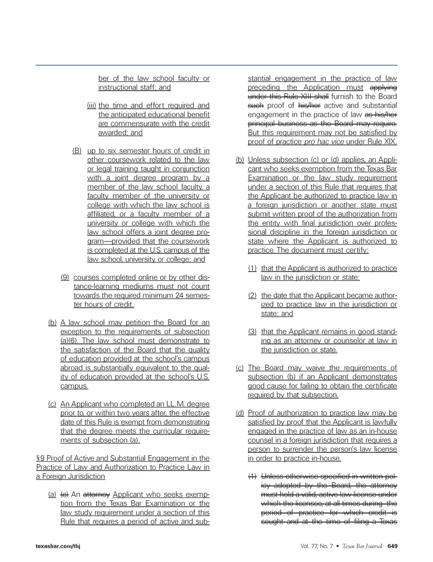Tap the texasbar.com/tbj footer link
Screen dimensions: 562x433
[x=58, y=546]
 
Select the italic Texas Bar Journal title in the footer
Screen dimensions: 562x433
[x=362, y=546]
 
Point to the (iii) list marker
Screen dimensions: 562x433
[x=92, y=106]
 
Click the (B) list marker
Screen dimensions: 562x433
[x=77, y=151]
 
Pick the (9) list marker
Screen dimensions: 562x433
[x=64, y=277]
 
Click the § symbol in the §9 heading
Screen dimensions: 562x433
[x=38, y=458]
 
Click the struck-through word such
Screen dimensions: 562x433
[x=255, y=106]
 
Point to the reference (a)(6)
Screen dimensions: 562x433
[x=70, y=341]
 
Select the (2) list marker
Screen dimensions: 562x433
[x=252, y=295]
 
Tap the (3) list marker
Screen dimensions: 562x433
[x=252, y=332]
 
